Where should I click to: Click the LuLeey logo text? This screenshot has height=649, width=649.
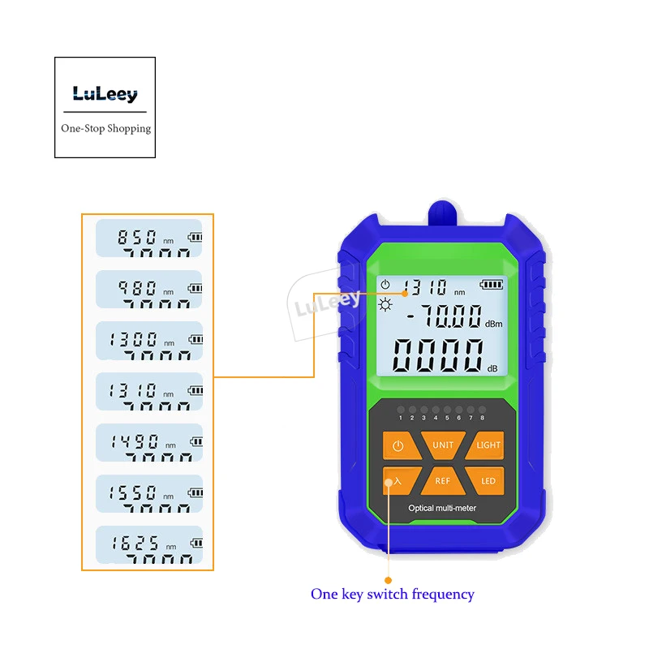105,94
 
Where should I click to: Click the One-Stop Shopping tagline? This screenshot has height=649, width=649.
105,128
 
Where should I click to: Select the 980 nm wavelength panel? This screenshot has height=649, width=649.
148,289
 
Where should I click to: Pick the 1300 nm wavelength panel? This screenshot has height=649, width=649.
148,340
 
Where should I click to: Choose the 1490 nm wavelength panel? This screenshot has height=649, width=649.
148,443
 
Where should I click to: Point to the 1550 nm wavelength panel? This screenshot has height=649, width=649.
148,493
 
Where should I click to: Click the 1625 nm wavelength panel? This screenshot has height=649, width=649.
148,544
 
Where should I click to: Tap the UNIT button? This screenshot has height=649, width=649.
443,445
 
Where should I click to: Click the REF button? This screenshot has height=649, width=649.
443,480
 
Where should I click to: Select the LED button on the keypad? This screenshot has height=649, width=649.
488,480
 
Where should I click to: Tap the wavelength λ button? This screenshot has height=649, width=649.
397,480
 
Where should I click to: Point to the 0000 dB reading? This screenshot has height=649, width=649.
439,355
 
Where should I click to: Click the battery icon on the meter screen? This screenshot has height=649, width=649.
491,285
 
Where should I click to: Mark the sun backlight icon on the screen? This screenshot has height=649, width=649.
385,304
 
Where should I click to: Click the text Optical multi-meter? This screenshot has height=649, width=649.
442,508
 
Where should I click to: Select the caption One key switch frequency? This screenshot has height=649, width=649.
392,594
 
